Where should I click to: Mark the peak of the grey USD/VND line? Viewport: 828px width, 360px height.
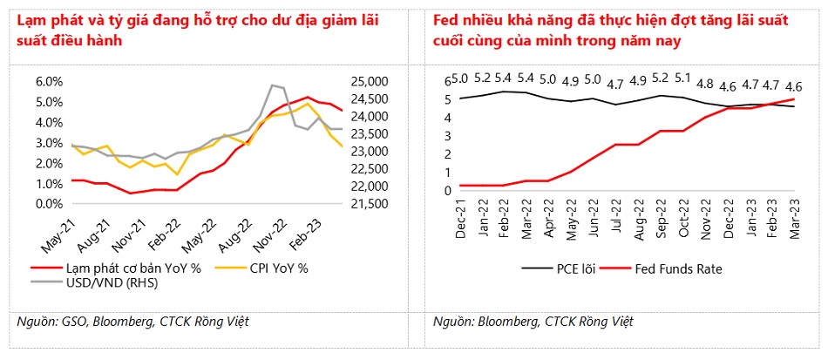(x=274, y=85)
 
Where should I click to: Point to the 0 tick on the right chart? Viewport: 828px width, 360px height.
(x=448, y=190)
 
